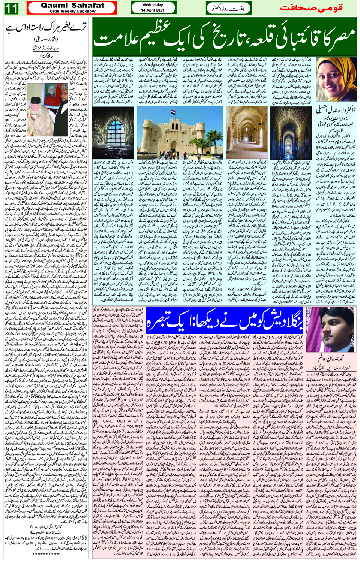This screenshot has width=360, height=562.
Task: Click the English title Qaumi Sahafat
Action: (73, 6)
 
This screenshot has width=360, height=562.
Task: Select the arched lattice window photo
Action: (114, 133)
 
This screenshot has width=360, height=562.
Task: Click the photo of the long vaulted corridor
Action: (246, 133)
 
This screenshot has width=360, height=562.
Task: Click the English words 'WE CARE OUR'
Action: (109, 421)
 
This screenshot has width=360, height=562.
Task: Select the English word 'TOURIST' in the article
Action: (135, 426)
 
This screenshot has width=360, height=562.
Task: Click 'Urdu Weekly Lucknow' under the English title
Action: (73, 11)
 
